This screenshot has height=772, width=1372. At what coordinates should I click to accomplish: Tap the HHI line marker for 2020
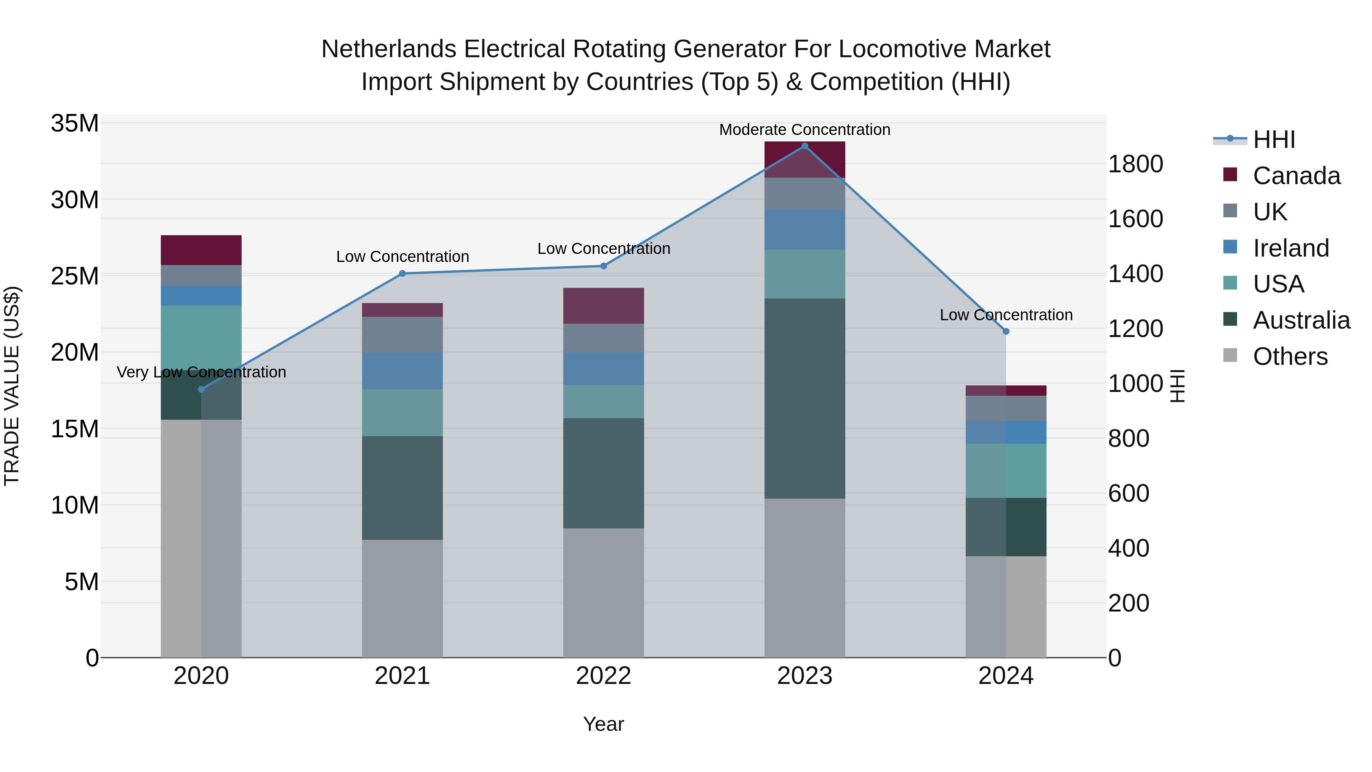(x=201, y=390)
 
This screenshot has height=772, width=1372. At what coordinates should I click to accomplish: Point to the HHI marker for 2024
(x=1006, y=331)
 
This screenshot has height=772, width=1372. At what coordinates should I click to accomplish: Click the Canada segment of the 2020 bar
(x=201, y=250)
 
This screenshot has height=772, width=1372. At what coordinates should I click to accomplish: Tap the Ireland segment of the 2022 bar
(x=603, y=369)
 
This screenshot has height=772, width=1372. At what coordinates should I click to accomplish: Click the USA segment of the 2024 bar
(x=1006, y=470)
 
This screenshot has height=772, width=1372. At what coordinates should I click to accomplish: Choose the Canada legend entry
(x=1296, y=176)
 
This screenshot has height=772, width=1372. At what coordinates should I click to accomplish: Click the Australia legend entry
(x=1301, y=320)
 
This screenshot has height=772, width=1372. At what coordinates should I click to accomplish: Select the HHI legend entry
(x=1273, y=140)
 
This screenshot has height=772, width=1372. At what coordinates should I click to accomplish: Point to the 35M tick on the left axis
(x=75, y=124)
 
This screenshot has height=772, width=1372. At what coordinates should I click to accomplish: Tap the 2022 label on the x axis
(x=603, y=676)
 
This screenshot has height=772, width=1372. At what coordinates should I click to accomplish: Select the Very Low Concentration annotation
(x=201, y=372)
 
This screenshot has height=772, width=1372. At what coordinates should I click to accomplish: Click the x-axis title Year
(x=603, y=724)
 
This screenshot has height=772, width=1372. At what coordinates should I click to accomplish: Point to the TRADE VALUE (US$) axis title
(x=12, y=386)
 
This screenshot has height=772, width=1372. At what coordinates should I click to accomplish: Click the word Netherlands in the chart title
(x=389, y=49)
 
